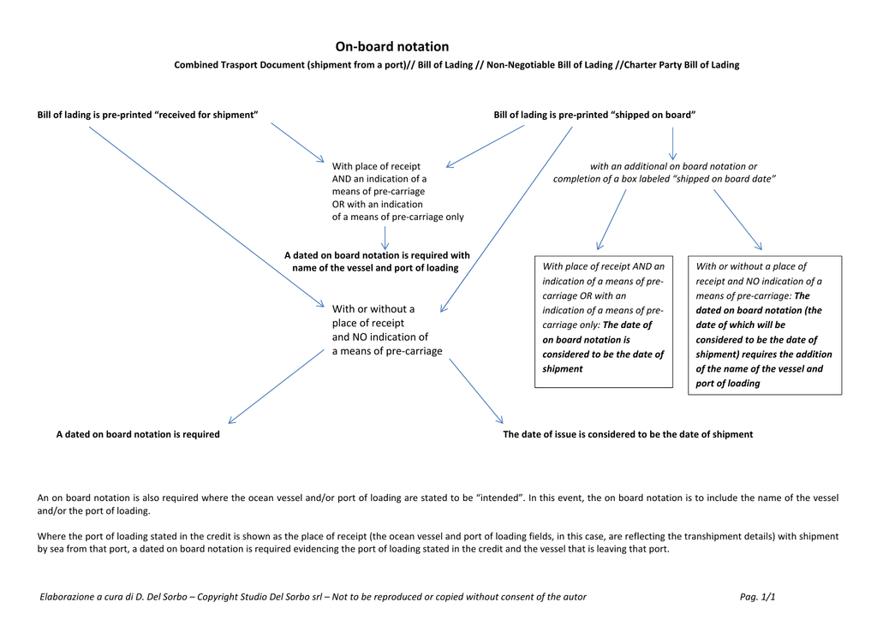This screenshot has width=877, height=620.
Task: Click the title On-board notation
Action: tap(392, 46)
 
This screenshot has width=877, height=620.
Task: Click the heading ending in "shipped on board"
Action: tap(594, 115)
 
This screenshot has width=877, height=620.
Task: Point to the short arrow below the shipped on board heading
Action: tap(672, 144)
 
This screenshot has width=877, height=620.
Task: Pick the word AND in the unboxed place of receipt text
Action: tap(341, 179)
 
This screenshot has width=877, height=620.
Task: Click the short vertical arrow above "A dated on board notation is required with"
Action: tap(385, 237)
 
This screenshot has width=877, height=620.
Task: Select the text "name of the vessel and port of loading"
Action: tap(375, 268)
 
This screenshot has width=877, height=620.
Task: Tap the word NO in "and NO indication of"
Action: tap(359, 337)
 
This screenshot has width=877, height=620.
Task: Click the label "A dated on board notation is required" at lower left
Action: tap(138, 434)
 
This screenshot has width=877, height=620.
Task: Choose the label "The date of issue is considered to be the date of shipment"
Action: tap(628, 434)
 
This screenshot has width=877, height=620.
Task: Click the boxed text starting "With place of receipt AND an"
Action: tap(604, 318)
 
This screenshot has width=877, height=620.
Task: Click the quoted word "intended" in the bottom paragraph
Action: tap(500, 498)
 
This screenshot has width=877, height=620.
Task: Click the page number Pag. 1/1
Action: tap(757, 597)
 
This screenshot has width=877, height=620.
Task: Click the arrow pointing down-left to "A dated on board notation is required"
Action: tap(277, 386)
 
